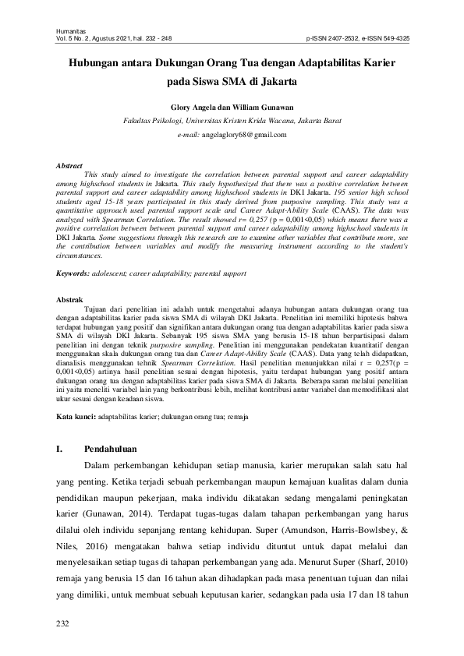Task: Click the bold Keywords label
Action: click(x=76, y=274)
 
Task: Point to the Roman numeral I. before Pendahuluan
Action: click(x=61, y=449)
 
